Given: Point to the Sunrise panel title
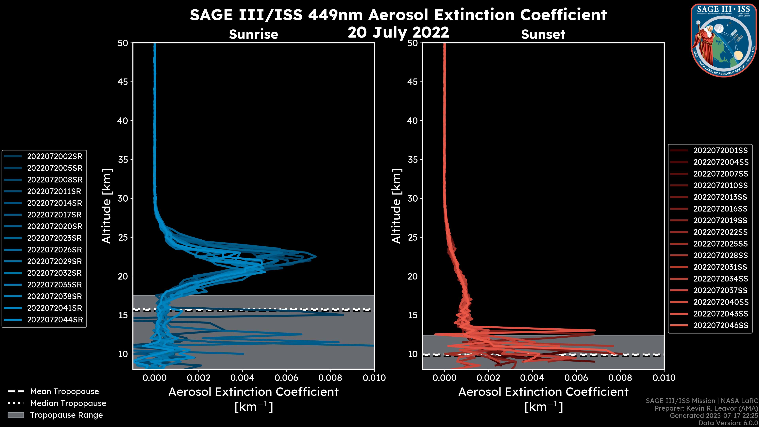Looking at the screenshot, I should pyautogui.click(x=253, y=34).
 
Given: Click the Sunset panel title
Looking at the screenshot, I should pyautogui.click(x=543, y=34).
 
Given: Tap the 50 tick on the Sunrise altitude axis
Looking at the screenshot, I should pyautogui.click(x=123, y=43).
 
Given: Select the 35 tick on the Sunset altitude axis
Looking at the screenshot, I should pyautogui.click(x=413, y=160).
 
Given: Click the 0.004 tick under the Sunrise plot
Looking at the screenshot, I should pyautogui.click(x=242, y=378).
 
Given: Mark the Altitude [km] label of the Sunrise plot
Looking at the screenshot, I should pyautogui.click(x=106, y=206).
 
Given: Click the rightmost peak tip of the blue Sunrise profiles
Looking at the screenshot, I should pyautogui.click(x=316, y=256).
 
